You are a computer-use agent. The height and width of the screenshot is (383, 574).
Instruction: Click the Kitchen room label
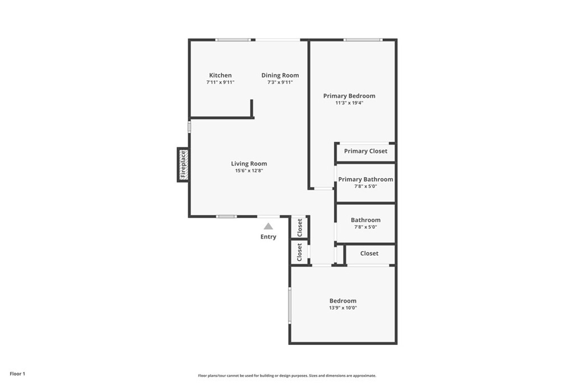point(220,76)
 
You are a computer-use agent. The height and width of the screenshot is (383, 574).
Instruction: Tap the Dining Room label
point(280,76)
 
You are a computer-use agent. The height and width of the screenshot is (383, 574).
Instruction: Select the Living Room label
point(249,164)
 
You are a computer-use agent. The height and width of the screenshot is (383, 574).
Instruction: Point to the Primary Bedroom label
point(349,96)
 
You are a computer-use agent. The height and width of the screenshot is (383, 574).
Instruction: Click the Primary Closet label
point(365,151)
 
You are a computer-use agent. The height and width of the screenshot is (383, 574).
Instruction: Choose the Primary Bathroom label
point(365,179)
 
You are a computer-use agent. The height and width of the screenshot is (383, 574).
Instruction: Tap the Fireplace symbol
point(183,165)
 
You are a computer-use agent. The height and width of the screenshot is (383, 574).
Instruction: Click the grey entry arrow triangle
point(269,227)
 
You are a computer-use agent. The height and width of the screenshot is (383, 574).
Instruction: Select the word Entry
point(269,237)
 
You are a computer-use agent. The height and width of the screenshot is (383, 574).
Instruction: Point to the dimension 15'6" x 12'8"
point(249,170)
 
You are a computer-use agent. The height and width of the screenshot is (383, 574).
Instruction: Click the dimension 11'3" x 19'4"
point(349,103)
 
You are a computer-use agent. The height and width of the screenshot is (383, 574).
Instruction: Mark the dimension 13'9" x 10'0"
point(343,308)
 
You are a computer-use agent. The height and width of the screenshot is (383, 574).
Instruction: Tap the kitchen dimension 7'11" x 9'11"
point(220,82)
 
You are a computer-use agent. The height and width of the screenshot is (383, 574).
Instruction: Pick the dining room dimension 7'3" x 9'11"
point(280,82)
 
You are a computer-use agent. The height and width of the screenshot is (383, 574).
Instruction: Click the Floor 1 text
point(17,373)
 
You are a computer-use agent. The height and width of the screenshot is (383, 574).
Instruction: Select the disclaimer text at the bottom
point(287,376)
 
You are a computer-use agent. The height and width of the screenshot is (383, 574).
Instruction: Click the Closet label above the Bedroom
point(369,253)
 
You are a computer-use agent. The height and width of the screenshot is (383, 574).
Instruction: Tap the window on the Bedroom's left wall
point(290,305)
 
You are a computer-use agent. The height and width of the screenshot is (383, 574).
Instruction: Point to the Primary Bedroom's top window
point(363,40)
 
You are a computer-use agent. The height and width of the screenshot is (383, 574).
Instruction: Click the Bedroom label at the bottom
point(343,301)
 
